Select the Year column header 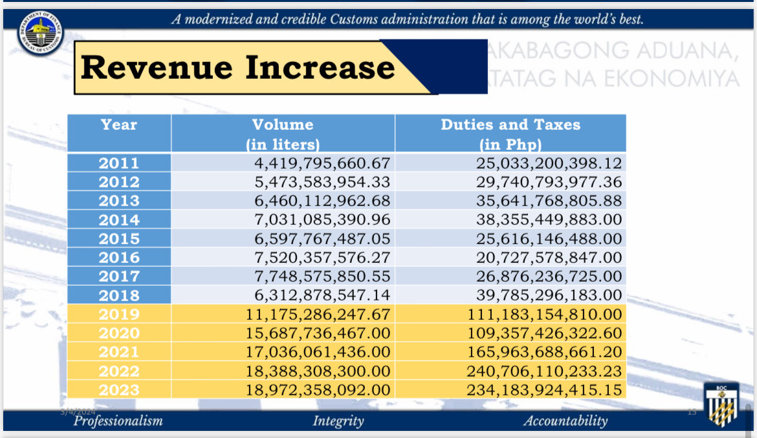119,125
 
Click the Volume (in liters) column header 283,134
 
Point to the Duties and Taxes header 510,134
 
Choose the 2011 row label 119,163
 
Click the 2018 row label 119,295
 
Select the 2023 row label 119,390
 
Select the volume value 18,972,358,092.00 318,390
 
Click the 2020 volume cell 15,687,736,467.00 318,333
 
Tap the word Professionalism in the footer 118,421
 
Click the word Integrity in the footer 338,421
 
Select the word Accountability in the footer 565,421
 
